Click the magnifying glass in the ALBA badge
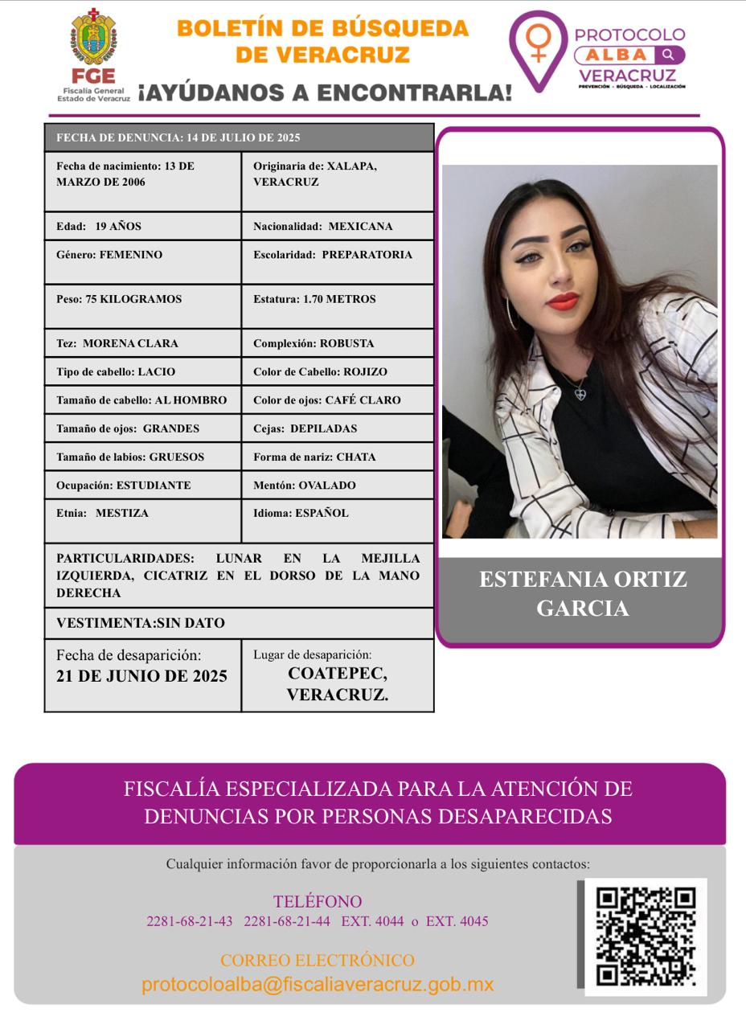pyautogui.click(x=668, y=55)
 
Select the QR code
pyautogui.click(x=646, y=937)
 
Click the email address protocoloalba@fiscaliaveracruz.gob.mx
pyautogui.click(x=318, y=985)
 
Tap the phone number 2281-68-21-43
pyautogui.click(x=190, y=921)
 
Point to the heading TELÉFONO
pyautogui.click(x=318, y=901)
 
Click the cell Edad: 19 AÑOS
pyautogui.click(x=142, y=226)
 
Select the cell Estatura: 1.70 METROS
pyautogui.click(x=338, y=299)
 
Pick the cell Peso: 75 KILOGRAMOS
pyautogui.click(x=142, y=299)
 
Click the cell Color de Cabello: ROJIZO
pyautogui.click(x=338, y=371)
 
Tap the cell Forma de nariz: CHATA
pyautogui.click(x=338, y=457)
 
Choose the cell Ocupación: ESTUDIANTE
pyautogui.click(x=142, y=485)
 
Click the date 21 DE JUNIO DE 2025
pyautogui.click(x=142, y=676)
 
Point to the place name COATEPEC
pyautogui.click(x=338, y=674)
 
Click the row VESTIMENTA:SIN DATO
pyautogui.click(x=239, y=623)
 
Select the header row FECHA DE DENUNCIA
pyautogui.click(x=239, y=137)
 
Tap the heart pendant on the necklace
pyautogui.click(x=580, y=394)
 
